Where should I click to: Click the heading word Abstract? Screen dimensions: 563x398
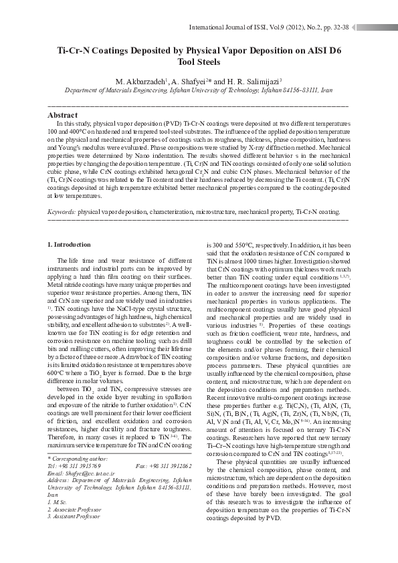pyautogui.click(x=63, y=116)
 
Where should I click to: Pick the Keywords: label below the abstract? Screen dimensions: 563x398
pyautogui.click(x=62, y=211)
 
